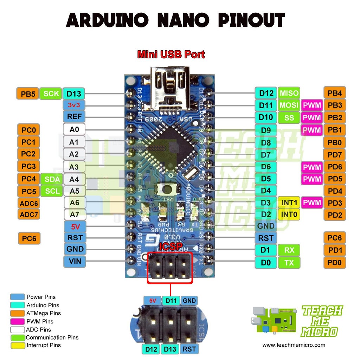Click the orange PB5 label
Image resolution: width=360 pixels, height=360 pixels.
(27, 94)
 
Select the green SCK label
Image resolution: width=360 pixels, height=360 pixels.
(51, 94)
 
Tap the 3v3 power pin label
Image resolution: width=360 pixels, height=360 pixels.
(74, 105)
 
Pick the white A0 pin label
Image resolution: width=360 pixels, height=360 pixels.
(74, 129)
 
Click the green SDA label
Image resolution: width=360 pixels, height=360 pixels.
(52, 179)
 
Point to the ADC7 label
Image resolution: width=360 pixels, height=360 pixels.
(29, 214)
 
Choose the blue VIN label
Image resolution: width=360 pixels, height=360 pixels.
(74, 261)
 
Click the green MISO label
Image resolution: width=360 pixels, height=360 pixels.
(289, 93)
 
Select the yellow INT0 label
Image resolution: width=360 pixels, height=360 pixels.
(289, 214)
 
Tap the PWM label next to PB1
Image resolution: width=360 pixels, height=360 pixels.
(312, 130)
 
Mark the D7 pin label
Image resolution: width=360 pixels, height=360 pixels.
(266, 155)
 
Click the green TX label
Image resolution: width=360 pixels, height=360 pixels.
(289, 262)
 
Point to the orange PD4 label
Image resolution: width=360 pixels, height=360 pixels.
(335, 191)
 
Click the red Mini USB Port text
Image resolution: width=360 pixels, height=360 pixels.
(171, 54)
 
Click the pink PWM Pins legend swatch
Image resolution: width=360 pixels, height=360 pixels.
(18, 321)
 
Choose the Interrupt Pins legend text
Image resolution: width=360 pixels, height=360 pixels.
(44, 346)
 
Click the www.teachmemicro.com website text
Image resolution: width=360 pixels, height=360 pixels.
(294, 345)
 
